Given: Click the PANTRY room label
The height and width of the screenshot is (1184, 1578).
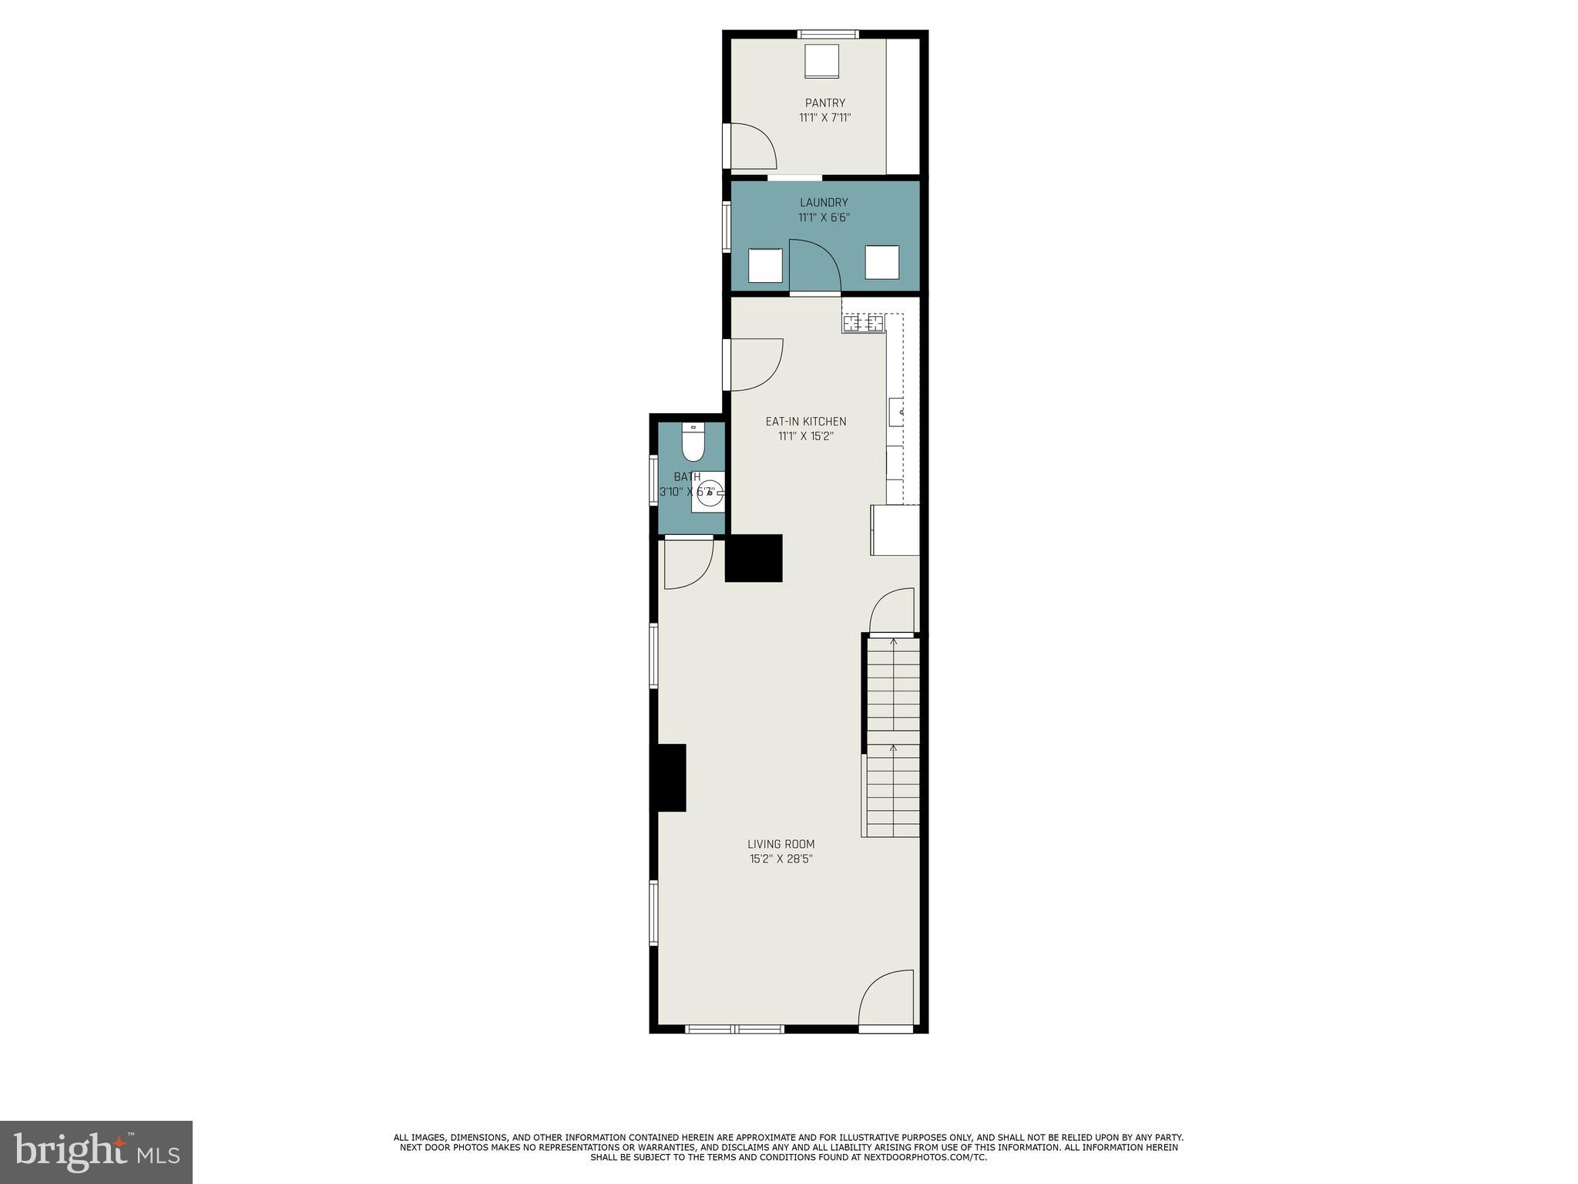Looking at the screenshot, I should [x=824, y=103].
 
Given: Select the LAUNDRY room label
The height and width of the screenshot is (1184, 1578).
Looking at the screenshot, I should [x=823, y=203].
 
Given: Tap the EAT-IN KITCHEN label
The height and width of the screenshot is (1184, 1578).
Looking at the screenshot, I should [x=805, y=422].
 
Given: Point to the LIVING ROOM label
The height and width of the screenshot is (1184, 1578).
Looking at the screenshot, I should [x=781, y=844].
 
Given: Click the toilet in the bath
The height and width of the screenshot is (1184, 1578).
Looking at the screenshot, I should [x=693, y=445].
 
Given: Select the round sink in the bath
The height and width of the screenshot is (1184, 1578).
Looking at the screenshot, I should [x=708, y=493].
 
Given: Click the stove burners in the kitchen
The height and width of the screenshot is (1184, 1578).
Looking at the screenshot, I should [x=863, y=324].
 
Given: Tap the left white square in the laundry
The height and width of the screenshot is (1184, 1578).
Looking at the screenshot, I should [x=765, y=265].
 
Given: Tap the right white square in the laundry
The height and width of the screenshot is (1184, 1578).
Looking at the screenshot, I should [x=881, y=262].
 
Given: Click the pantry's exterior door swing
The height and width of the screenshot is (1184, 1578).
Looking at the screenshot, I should [x=751, y=146].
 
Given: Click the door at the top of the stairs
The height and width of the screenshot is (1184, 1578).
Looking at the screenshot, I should [x=892, y=611].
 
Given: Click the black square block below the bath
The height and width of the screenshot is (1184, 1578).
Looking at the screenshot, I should [x=754, y=557].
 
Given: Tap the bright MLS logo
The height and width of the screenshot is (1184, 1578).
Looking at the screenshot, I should [x=96, y=1152].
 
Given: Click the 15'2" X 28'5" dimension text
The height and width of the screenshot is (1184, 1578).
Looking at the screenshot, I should [x=781, y=859].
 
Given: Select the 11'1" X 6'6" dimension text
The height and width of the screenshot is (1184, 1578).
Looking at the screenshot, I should [x=823, y=217].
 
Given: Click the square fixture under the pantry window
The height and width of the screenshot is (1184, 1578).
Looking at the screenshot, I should [x=821, y=61].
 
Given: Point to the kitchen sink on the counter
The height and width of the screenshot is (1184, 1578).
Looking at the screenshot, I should [x=896, y=412].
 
